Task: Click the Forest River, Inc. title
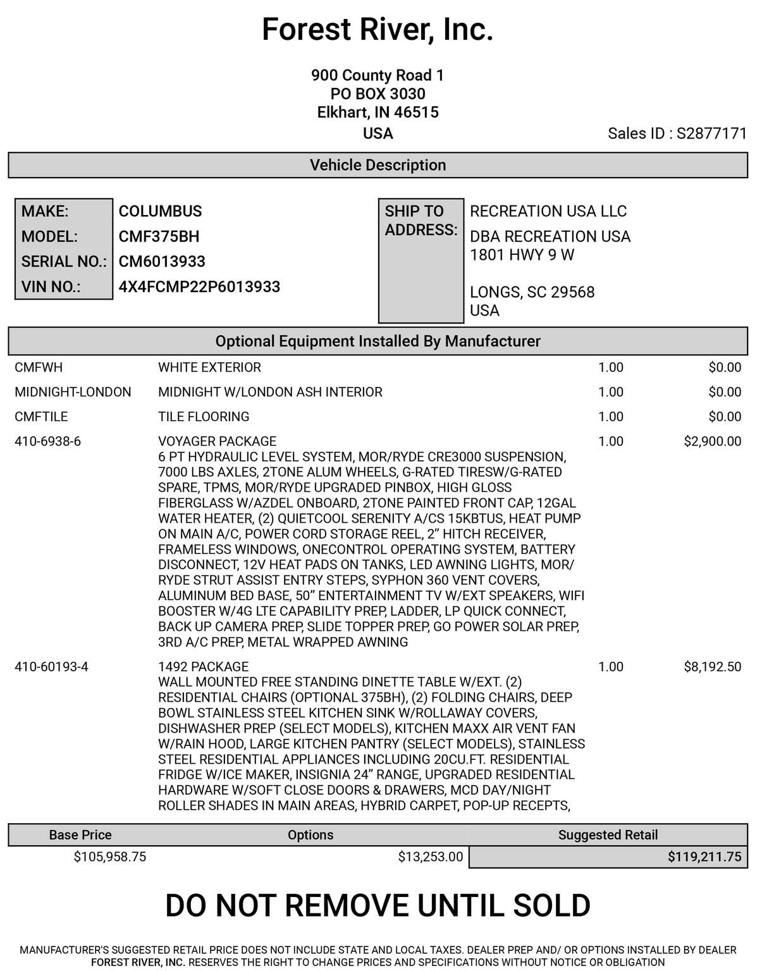[378, 30]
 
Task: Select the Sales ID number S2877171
[711, 133]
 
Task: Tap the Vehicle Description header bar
[378, 165]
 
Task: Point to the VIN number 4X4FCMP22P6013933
[199, 286]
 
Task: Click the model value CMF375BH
[159, 236]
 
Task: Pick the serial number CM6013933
[162, 262]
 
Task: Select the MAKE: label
[45, 211]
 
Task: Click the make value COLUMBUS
[160, 211]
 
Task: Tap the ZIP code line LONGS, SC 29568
[532, 292]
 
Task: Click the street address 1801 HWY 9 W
[522, 255]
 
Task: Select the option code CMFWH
[39, 367]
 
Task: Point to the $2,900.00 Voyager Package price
[712, 441]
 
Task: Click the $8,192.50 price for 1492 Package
[712, 666]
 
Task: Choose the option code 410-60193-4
[51, 666]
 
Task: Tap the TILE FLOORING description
[204, 417]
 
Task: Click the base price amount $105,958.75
[110, 857]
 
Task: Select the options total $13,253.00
[430, 857]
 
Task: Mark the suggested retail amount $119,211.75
[704, 857]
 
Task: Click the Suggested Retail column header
[608, 834]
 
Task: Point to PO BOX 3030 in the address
[378, 94]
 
